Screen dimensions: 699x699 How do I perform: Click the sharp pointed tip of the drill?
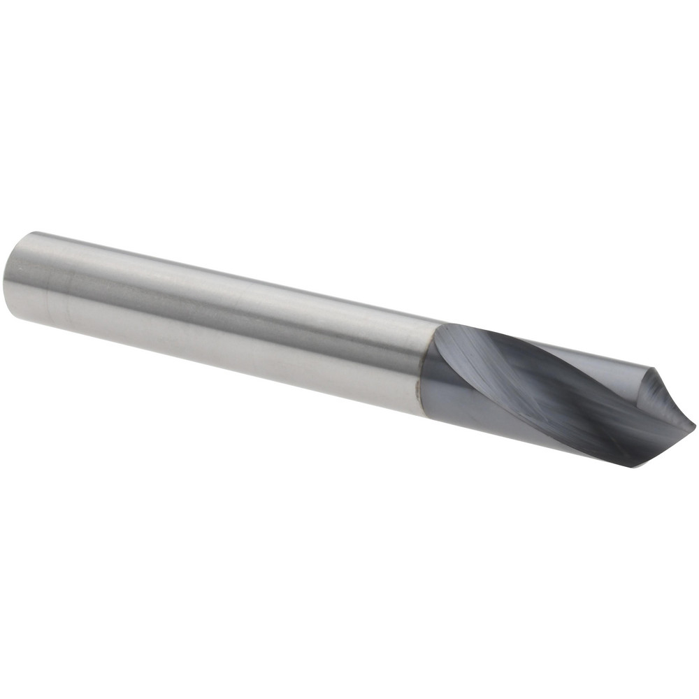coord(695,422)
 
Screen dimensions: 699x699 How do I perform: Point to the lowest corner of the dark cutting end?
coord(633,466)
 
